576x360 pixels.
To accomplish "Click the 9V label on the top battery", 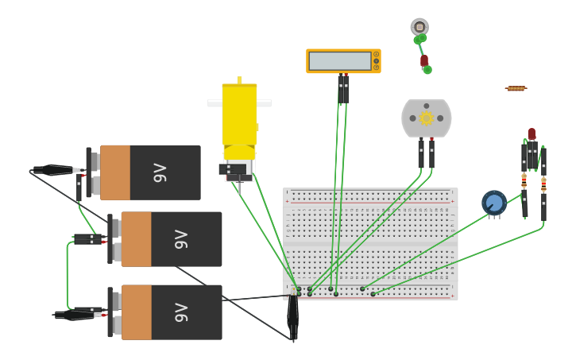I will pos(160,172).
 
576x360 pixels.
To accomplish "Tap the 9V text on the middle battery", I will pos(181,239).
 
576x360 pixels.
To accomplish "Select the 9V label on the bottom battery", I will pos(181,312).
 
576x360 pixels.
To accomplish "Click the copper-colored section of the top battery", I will pos(114,172).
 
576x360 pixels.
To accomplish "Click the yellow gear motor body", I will pos(239,115).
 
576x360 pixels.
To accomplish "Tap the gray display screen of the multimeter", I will pos(340,61).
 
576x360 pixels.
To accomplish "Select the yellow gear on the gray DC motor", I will pos(427,118).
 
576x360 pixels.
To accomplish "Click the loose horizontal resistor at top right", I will pos(516,88).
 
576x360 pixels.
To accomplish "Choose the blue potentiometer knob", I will pos(494,203).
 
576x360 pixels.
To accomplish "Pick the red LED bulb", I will pos(532,134).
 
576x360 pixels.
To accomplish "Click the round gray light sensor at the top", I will pos(419,27).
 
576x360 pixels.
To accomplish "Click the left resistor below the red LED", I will pos(524,180).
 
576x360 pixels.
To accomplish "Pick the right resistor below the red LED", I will pos(543,184).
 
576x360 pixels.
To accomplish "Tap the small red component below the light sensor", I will pos(424,60).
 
